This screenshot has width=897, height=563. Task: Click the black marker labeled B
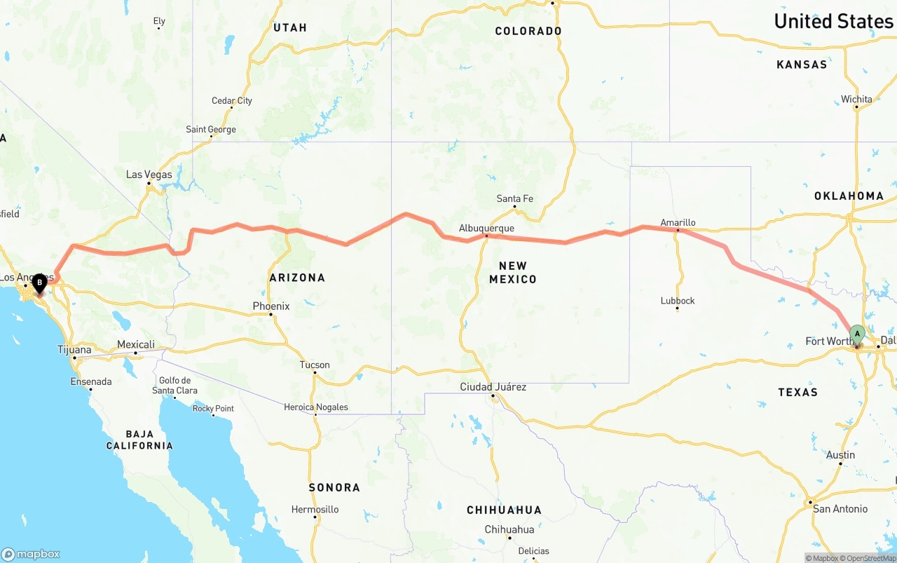tap(39, 283)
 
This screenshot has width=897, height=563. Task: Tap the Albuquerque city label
tap(486, 229)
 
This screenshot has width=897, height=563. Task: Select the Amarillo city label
tap(678, 223)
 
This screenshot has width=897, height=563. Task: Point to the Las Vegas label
tap(149, 175)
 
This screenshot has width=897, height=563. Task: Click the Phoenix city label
tap(271, 306)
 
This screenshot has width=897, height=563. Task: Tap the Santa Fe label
tap(514, 198)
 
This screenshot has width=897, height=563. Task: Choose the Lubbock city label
tap(678, 301)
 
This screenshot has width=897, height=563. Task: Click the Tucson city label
tap(314, 365)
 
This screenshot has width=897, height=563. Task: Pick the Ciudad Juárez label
tap(493, 387)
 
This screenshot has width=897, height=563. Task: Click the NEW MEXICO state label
tap(517, 272)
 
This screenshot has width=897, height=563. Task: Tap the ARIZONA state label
tap(297, 278)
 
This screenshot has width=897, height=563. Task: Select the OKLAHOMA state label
tap(849, 196)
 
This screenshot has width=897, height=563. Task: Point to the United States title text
tap(833, 21)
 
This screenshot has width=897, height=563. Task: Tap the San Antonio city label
tap(840, 509)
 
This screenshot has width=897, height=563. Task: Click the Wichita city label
tap(856, 100)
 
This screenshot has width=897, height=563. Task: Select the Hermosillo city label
tap(315, 510)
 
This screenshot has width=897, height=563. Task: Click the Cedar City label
tap(232, 101)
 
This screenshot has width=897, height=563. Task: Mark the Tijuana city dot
tap(74, 358)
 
